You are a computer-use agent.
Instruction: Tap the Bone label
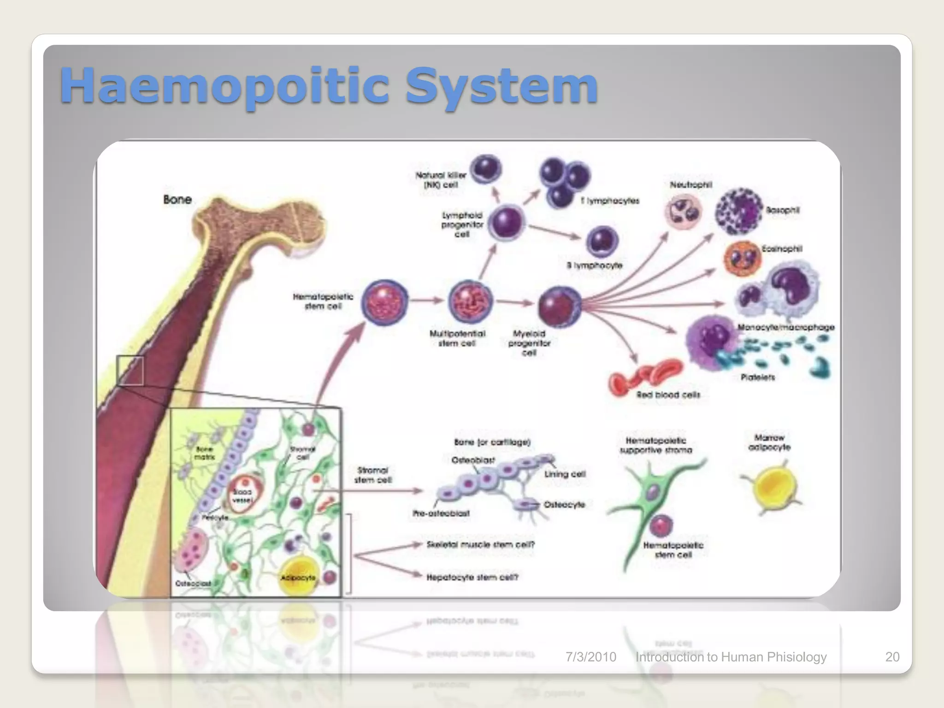coord(177,200)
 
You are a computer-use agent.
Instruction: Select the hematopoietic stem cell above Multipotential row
coord(384,302)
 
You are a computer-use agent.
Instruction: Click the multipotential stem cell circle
coord(471,302)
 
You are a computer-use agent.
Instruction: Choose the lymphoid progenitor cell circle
coord(506,223)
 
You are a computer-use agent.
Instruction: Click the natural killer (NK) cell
coord(485,170)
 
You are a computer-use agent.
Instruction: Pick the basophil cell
coord(739,212)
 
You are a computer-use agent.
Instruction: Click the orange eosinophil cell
coord(742,259)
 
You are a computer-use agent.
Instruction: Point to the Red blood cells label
coord(668,395)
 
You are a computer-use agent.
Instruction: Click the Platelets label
coord(757,377)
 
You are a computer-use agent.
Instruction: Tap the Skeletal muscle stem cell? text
coord(480,544)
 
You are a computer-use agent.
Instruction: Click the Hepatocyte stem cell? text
coord(472,577)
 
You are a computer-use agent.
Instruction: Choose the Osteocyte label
coord(564,505)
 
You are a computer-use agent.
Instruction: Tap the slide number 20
coord(892,657)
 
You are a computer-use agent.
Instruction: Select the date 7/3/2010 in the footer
coord(590,657)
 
